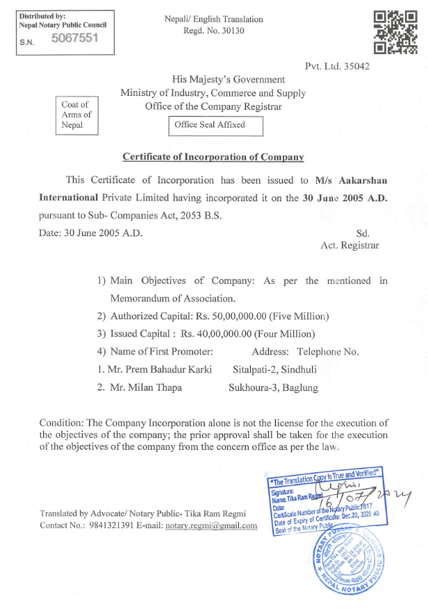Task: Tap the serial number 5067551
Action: click(75, 38)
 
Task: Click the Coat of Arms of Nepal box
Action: click(76, 115)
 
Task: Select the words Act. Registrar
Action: click(349, 246)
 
